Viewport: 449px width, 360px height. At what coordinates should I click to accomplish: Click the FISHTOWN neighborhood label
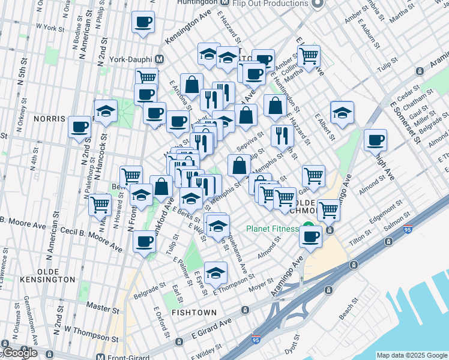pyautogui.click(x=191, y=313)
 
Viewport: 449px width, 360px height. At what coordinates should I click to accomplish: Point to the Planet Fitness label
pyautogui.click(x=273, y=229)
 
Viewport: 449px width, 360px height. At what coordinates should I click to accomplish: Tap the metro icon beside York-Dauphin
pyautogui.click(x=159, y=59)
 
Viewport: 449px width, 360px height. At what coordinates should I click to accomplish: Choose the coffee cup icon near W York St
pyautogui.click(x=143, y=23)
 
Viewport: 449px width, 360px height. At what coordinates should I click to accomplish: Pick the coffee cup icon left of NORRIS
pyautogui.click(x=80, y=127)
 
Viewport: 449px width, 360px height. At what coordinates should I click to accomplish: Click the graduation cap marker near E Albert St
pyautogui.click(x=342, y=113)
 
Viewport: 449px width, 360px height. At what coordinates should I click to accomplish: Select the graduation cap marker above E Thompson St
pyautogui.click(x=215, y=273)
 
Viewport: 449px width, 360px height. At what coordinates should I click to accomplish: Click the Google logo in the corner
pyautogui.click(x=20, y=353)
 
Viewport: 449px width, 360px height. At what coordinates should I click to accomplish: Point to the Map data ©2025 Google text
pyautogui.click(x=412, y=355)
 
